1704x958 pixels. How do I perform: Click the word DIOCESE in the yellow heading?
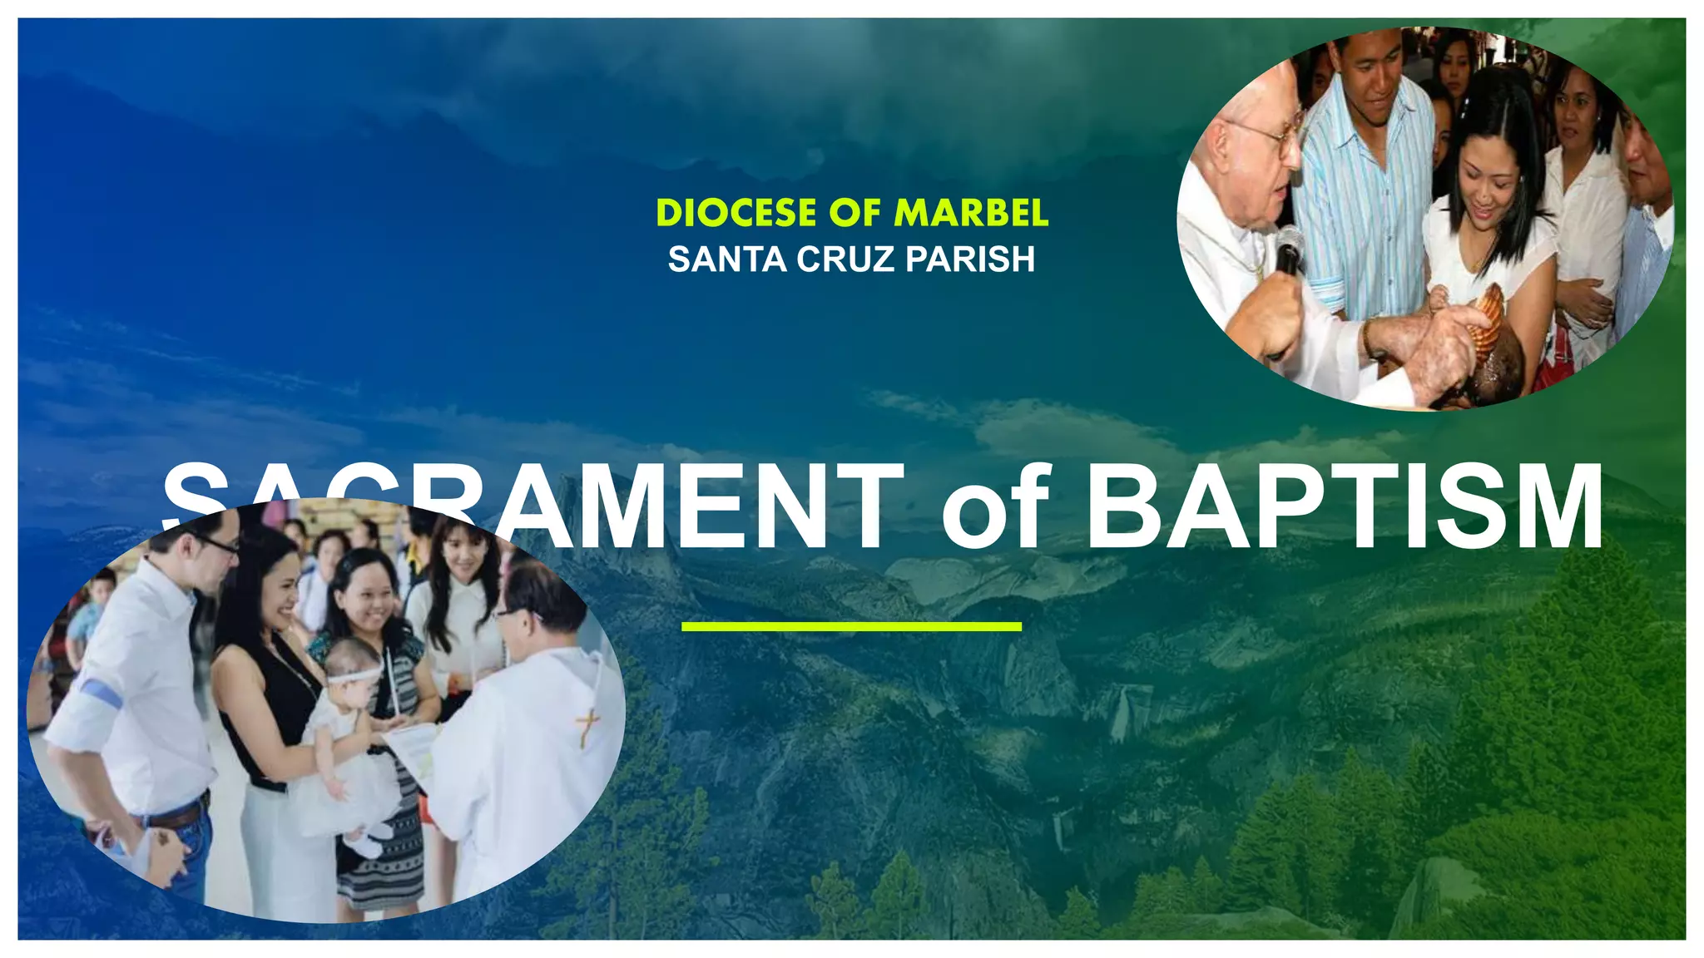[x=736, y=213]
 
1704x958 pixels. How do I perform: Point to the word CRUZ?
[x=845, y=259]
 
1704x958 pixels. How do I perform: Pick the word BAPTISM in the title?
[x=1343, y=507]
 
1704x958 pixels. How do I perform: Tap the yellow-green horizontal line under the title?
[x=851, y=626]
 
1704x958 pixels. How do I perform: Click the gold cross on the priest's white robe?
[x=589, y=725]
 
